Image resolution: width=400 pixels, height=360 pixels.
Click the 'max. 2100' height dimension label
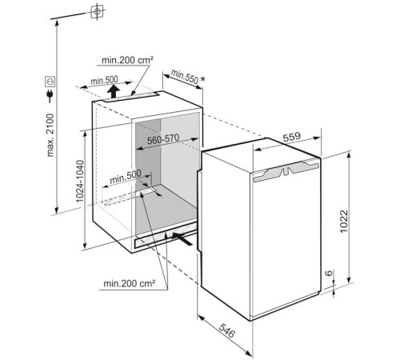pos(50,135)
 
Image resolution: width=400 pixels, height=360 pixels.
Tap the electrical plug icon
pos(50,96)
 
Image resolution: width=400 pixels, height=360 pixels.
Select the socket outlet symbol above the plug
pos(50,82)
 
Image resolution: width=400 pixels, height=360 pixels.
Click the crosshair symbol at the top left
pos(98,11)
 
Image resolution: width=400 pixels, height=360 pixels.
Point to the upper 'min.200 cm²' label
pos(127,60)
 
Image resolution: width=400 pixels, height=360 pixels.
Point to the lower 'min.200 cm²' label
pos(130,283)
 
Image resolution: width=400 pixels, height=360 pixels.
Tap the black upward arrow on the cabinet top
pos(114,91)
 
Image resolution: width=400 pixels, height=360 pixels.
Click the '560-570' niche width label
pos(163,139)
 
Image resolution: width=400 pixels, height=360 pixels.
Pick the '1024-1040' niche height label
pos(80,181)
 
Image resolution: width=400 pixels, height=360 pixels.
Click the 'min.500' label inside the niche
pos(125,177)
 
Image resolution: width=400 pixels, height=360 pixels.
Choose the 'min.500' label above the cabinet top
pos(104,80)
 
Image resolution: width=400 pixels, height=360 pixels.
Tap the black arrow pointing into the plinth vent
pos(182,238)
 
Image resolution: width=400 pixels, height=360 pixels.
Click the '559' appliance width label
pos(291,137)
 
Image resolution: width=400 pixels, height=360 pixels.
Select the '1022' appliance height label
pos(344,221)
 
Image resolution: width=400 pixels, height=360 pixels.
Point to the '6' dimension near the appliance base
pos(329,273)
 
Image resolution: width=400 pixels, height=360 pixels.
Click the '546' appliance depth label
pos(227,330)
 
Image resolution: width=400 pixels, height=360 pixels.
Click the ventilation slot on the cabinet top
pos(131,97)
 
